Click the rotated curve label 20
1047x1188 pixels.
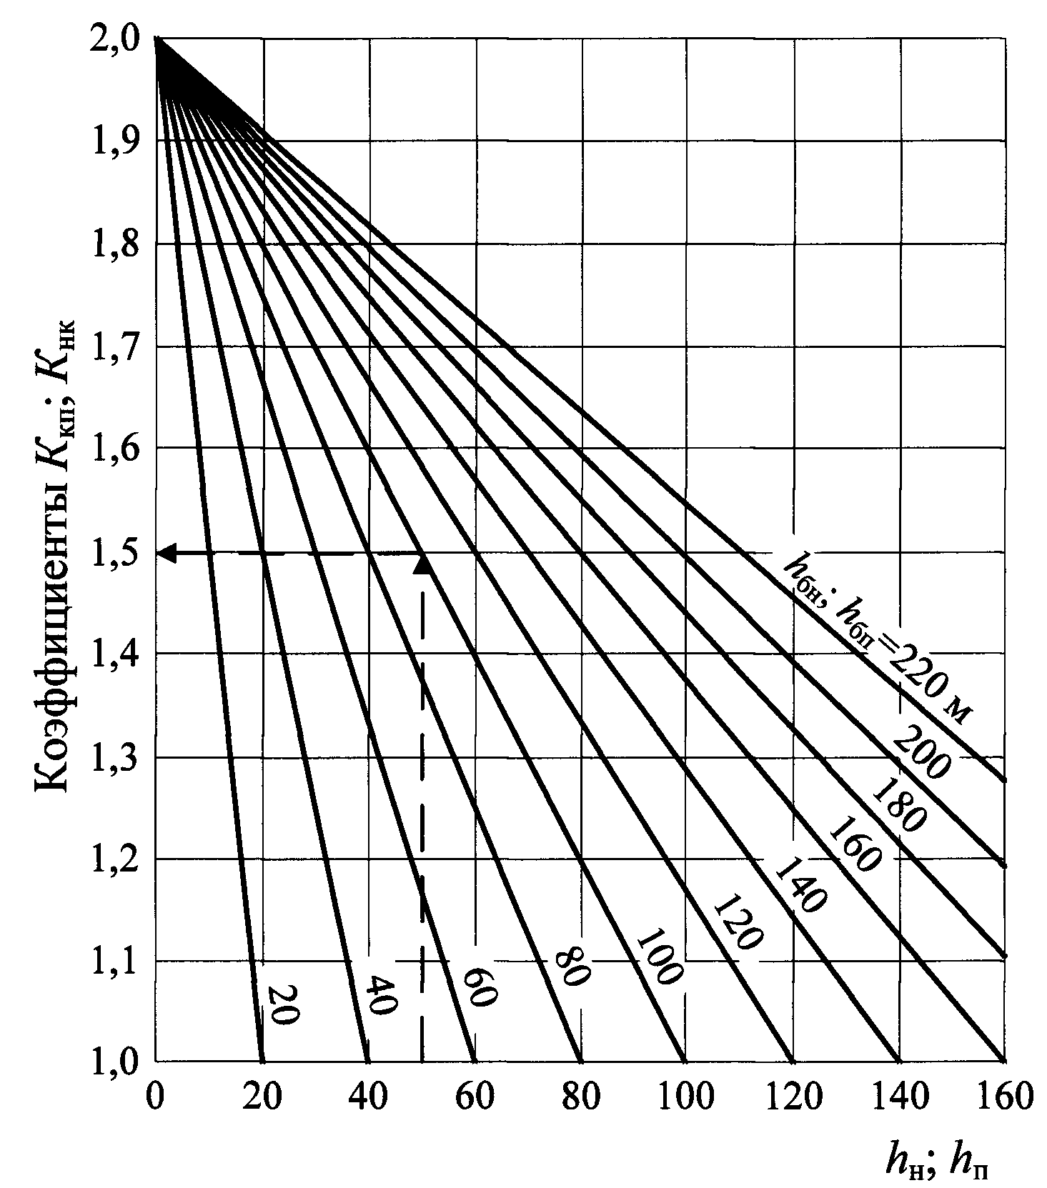point(283,1005)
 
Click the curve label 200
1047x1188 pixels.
point(927,750)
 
